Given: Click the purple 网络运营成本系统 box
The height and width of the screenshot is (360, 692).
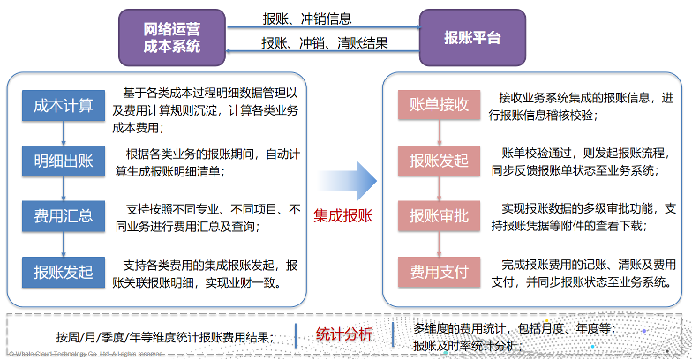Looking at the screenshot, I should [172, 37].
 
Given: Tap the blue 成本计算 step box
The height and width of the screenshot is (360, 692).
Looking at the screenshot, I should [63, 107].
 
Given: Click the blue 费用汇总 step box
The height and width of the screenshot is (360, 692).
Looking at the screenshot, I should [63, 216].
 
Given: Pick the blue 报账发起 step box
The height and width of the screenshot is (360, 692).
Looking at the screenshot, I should [63, 271].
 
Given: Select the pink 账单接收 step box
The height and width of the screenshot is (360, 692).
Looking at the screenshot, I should [439, 104].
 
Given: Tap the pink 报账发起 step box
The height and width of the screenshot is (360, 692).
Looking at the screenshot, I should [439, 160].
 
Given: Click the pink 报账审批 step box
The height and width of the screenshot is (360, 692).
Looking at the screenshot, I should [439, 215].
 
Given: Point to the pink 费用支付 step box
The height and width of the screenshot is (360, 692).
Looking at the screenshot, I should [439, 271].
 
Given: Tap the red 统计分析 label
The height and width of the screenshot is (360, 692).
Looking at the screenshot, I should [343, 334].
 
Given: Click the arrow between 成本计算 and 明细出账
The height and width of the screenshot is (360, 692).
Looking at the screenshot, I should [63, 134].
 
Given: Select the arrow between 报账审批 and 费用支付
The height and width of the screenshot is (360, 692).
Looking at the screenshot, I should [439, 244].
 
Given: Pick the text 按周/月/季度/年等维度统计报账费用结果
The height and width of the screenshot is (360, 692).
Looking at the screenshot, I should [164, 336].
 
